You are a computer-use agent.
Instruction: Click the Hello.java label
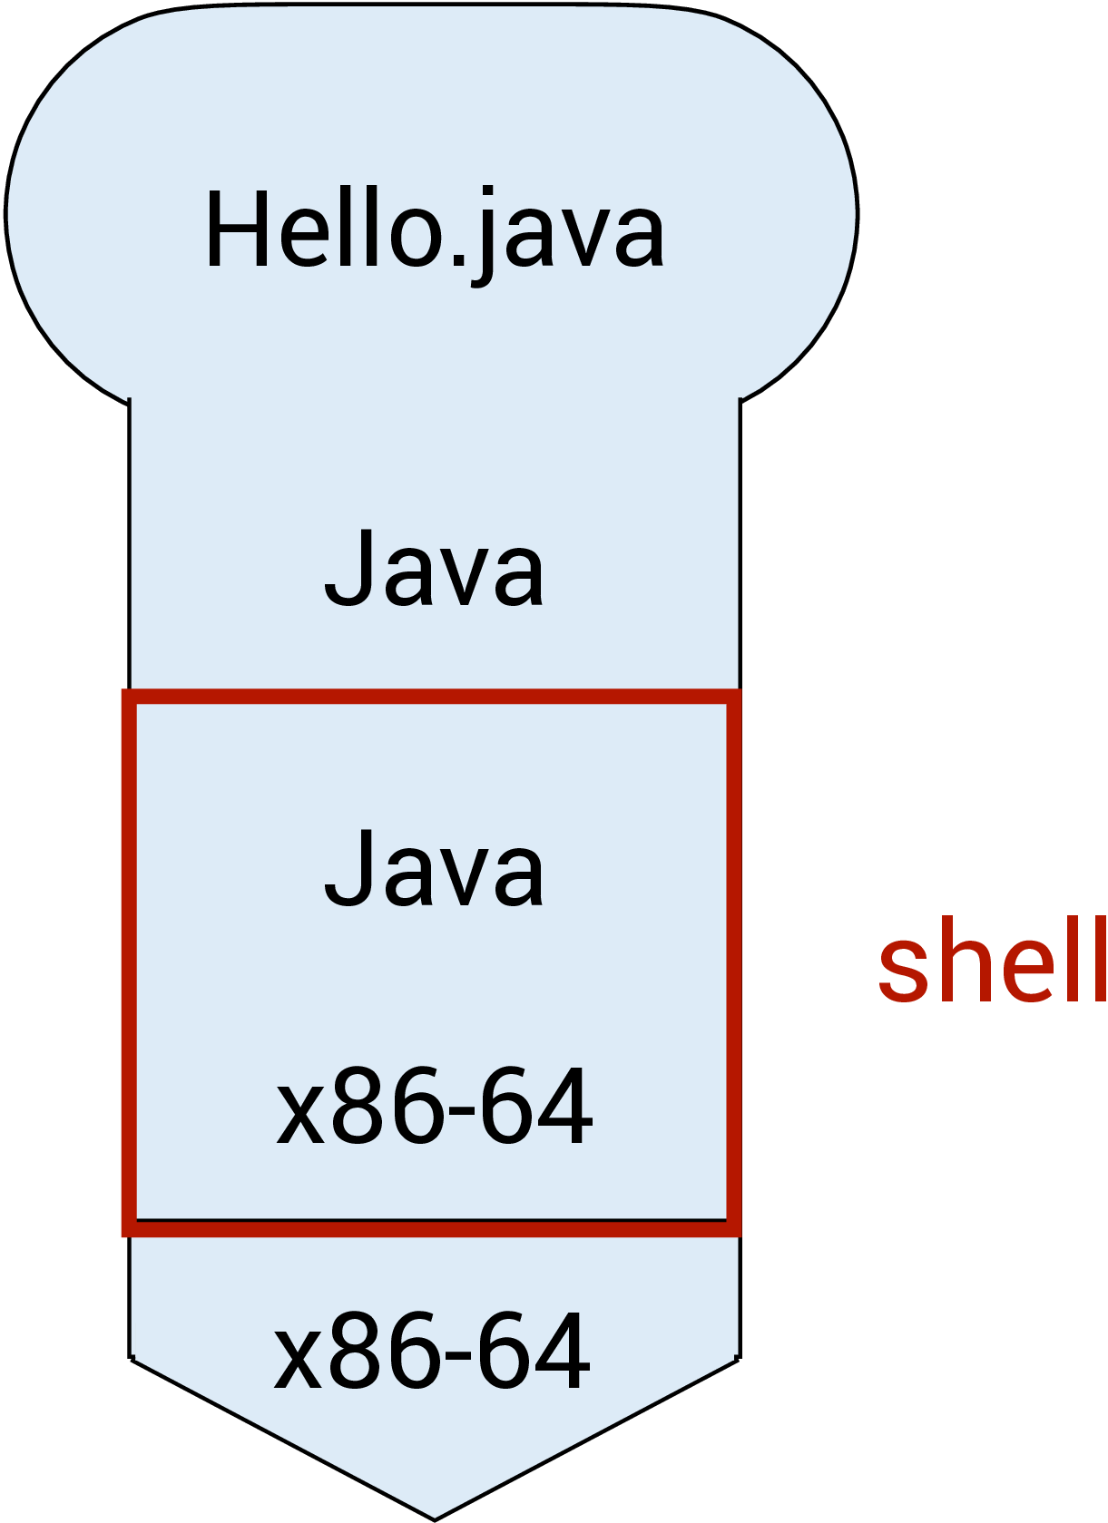[x=435, y=231]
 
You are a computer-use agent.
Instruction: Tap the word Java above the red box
[x=435, y=570]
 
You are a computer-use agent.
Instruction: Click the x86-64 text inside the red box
[x=435, y=1107]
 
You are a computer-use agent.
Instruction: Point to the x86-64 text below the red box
[x=433, y=1352]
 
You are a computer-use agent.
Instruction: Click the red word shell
[x=992, y=961]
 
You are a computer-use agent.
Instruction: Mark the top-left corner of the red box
[x=129, y=697]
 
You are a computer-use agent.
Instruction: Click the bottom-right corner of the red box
[x=734, y=1227]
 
